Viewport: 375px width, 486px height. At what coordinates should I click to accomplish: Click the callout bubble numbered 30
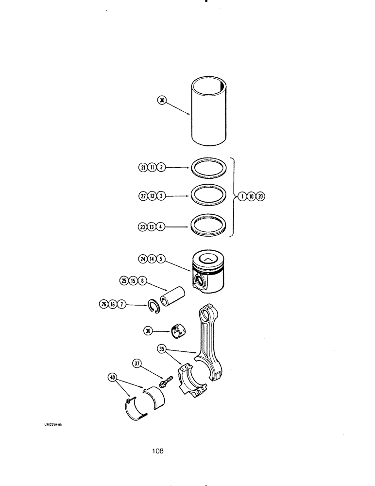click(x=162, y=100)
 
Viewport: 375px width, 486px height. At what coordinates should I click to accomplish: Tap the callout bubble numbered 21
click(x=143, y=168)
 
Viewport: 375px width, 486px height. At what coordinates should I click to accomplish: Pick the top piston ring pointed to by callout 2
click(x=208, y=168)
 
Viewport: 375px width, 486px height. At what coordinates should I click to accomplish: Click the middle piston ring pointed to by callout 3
click(x=208, y=196)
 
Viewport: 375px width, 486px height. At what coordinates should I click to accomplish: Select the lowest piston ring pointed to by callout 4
click(x=208, y=225)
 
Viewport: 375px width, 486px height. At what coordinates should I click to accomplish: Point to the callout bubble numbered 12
click(x=152, y=196)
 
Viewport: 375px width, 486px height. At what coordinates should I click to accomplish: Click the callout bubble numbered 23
click(x=143, y=226)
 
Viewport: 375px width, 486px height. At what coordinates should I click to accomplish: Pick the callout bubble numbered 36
click(x=148, y=331)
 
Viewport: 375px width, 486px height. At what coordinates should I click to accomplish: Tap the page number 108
click(x=157, y=451)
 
